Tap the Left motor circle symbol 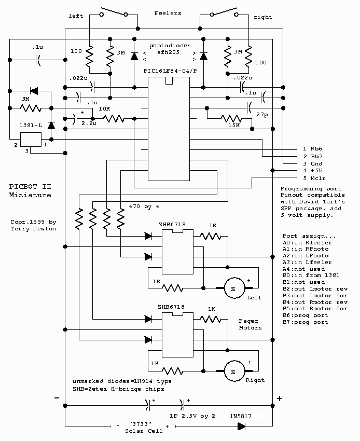pyautogui.click(x=233, y=287)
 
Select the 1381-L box pyautogui.click(x=30, y=139)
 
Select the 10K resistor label pyautogui.click(x=105, y=108)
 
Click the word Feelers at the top pyautogui.click(x=168, y=13)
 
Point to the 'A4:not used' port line pyautogui.click(x=304, y=269)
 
